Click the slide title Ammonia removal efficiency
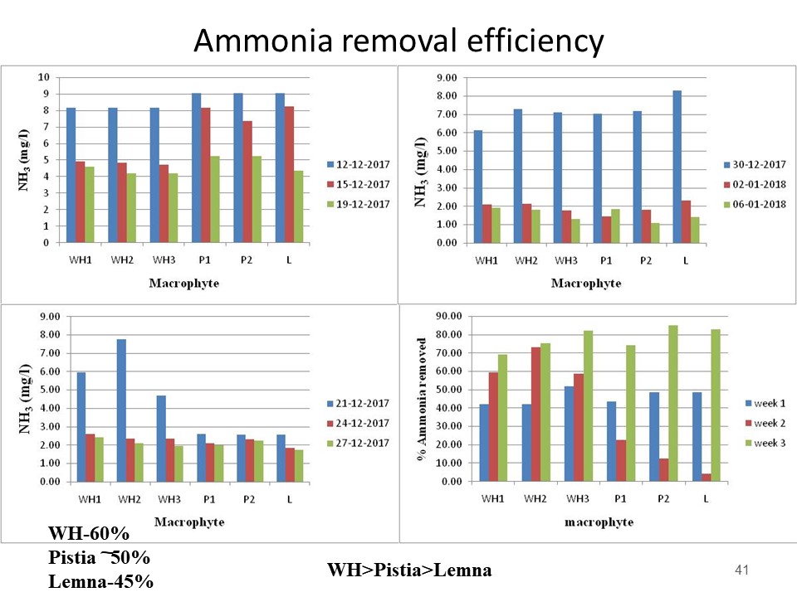398,40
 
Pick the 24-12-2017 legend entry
359,423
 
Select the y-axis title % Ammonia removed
423,399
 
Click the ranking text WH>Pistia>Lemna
409,570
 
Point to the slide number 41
742,570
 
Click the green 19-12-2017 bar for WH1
88,205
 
